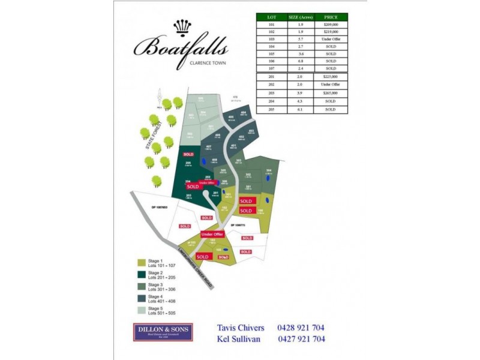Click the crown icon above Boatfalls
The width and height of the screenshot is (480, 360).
click(x=182, y=27)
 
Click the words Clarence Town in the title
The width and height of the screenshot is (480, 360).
click(x=208, y=62)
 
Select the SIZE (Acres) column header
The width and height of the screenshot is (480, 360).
click(x=302, y=17)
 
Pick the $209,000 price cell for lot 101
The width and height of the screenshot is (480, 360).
click(x=331, y=25)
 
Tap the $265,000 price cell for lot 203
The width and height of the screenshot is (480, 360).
click(x=331, y=93)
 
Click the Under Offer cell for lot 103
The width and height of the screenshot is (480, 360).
click(x=331, y=39)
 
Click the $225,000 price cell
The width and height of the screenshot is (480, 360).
click(x=331, y=77)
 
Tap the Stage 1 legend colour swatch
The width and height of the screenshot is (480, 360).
click(x=142, y=262)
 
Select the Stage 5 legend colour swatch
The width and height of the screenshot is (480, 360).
click(x=142, y=310)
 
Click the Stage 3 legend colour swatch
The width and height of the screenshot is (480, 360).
click(x=142, y=286)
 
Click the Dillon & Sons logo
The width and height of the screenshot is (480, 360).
click(x=163, y=332)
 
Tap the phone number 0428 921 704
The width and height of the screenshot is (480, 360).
click(x=301, y=328)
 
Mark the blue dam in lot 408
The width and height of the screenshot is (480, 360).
click(x=204, y=161)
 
